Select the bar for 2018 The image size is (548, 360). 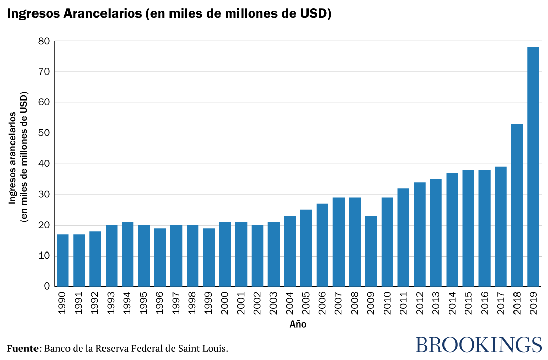pos(517,205)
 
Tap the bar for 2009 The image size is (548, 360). pos(371,251)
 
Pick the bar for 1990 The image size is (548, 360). pos(62,260)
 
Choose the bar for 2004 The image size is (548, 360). pos(290,251)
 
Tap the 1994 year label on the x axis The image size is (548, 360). pos(127,303)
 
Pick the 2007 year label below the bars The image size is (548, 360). pos(338,303)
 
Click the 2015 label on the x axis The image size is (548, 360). pos(468,303)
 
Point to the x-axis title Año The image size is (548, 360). pos(298,324)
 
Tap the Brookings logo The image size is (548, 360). pos(478,345)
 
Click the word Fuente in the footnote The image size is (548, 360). pos(23,349)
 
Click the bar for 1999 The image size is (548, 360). pos(209,257)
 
